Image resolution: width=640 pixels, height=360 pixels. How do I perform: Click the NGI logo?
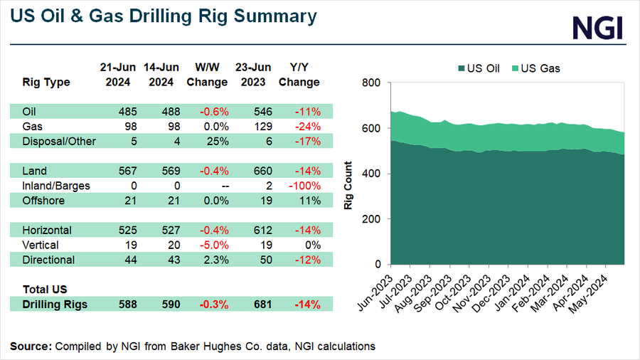coord(597,28)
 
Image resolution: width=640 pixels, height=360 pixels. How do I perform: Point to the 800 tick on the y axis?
coord(372,83)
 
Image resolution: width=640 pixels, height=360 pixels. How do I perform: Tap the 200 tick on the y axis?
coord(372,219)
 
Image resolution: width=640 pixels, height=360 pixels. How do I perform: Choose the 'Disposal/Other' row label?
coord(59,141)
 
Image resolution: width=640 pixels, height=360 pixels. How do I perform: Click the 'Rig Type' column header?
coord(47,82)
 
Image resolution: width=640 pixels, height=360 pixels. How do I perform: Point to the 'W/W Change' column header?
coord(207,75)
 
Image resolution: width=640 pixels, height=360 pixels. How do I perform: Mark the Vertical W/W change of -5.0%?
coord(213,245)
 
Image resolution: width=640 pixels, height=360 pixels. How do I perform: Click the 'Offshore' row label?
coord(44,201)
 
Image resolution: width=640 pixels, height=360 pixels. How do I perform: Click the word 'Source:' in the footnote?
coord(31,346)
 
